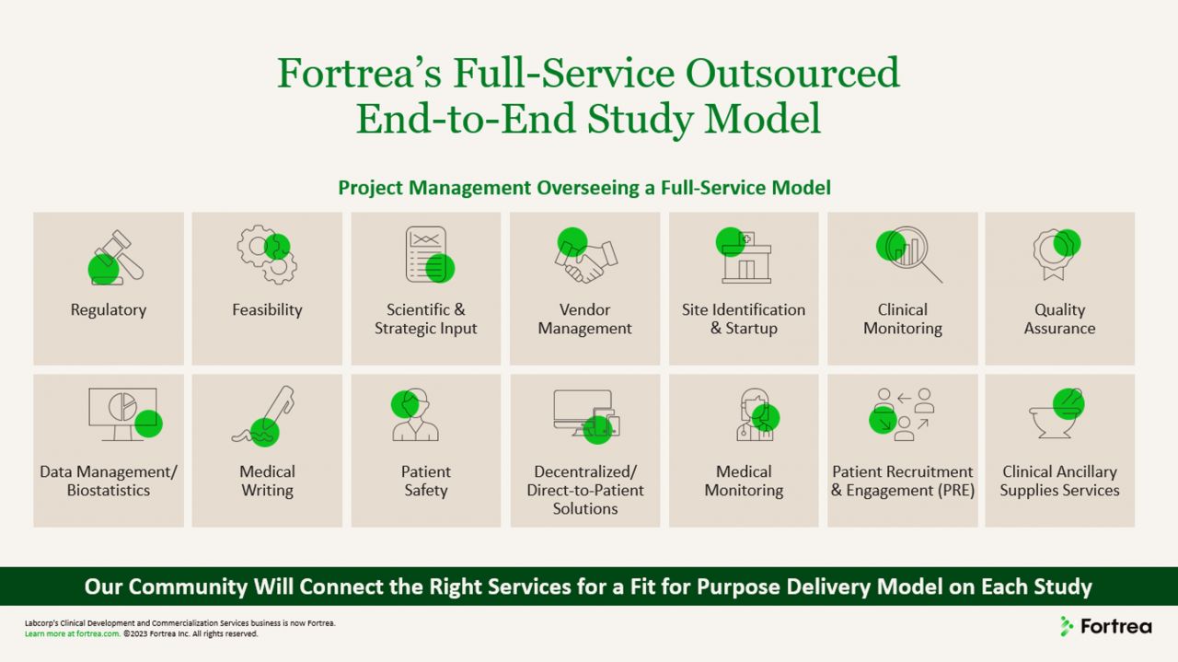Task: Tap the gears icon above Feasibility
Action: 267,255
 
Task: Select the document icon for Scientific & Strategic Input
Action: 427,254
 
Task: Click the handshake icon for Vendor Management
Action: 585,257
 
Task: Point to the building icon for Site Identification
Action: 745,257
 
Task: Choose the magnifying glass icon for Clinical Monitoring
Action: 907,255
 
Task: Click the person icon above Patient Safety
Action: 415,415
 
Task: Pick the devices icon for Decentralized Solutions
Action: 586,413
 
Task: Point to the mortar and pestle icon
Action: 1057,415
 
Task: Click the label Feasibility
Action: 267,310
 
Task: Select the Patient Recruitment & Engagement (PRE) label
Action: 902,482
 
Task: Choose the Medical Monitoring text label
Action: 744,482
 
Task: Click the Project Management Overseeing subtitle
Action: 583,188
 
